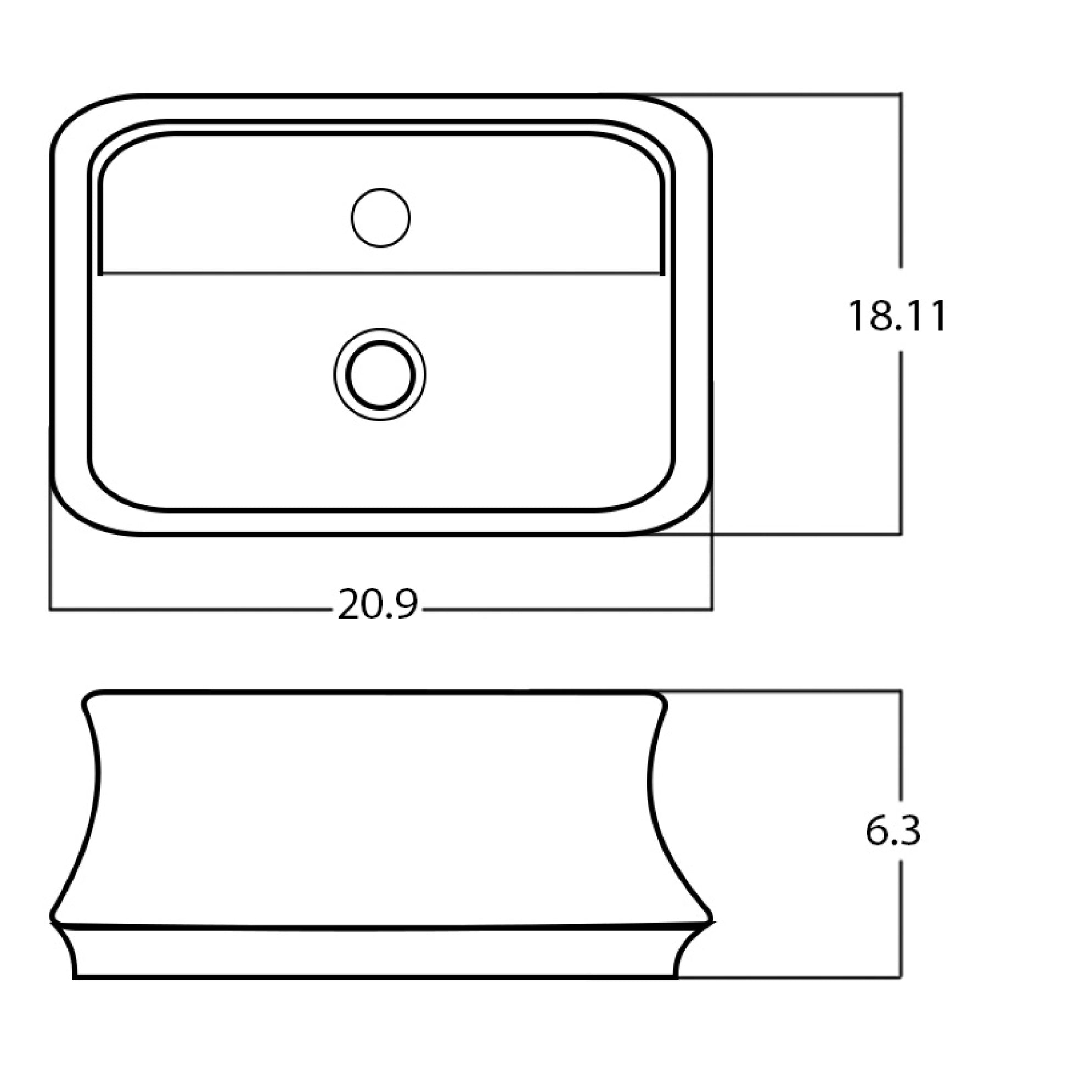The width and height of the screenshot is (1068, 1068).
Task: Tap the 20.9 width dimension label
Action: (378, 605)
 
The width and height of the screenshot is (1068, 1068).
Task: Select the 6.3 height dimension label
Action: (893, 832)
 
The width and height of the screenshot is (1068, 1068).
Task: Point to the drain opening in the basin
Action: (380, 375)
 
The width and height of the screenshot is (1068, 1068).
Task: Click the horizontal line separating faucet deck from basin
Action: (381, 273)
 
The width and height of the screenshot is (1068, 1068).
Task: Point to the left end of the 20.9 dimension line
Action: (50, 610)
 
